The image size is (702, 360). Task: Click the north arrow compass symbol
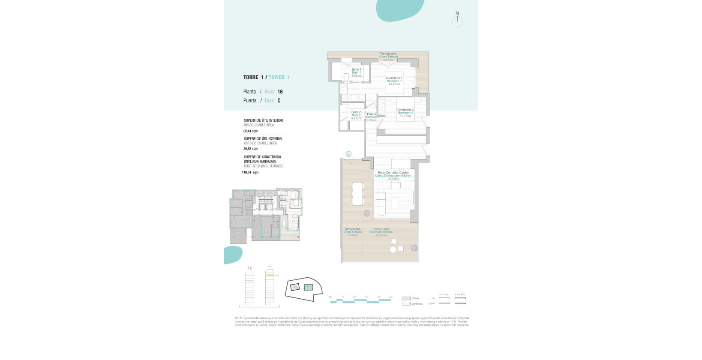pyautogui.click(x=457, y=20)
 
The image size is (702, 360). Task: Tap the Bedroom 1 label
pyautogui.click(x=394, y=81)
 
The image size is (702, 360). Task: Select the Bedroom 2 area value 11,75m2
pyautogui.click(x=405, y=116)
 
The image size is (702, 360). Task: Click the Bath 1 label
pyautogui.click(x=356, y=72)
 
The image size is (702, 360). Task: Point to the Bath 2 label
pyautogui.click(x=356, y=115)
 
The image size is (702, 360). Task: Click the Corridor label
pyautogui.click(x=371, y=117)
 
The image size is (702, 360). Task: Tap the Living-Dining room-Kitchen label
pyautogui.click(x=393, y=176)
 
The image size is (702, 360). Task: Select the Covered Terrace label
pyautogui.click(x=381, y=232)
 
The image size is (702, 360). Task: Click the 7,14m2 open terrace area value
pyautogui.click(x=352, y=235)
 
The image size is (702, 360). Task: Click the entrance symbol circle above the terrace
pyautogui.click(x=348, y=154)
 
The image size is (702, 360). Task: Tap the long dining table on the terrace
pyautogui.click(x=357, y=194)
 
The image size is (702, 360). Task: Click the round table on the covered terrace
pyautogui.click(x=393, y=249)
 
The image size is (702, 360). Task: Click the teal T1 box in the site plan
pyautogui.click(x=309, y=287)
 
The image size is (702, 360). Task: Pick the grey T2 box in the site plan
pyautogui.click(x=295, y=287)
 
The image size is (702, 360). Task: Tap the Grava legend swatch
pyautogui.click(x=406, y=298)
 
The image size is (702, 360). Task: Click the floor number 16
pyautogui.click(x=280, y=92)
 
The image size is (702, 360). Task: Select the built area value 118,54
pyautogui.click(x=246, y=172)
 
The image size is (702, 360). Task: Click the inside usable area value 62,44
pyautogui.click(x=247, y=131)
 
